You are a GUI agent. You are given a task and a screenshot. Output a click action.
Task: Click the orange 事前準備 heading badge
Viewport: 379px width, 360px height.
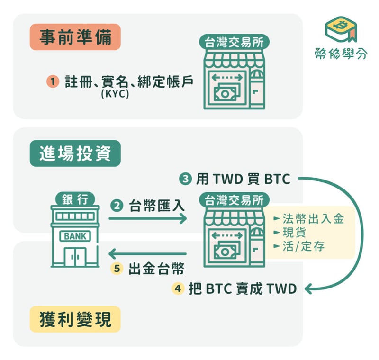75,37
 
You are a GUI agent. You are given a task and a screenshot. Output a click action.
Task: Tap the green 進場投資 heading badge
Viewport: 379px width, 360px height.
75,153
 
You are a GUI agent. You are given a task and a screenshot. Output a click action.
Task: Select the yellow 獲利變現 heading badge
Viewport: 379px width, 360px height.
75,319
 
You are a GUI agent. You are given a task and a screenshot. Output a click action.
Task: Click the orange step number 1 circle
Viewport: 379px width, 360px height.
53,81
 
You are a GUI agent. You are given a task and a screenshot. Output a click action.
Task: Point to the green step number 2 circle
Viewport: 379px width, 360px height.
117,206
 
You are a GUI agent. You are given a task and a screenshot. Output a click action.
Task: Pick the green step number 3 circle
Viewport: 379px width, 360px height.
185,179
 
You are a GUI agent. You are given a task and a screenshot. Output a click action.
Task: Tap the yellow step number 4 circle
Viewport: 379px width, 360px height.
178,288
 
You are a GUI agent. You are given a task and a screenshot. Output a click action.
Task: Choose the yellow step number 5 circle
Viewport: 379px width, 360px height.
117,269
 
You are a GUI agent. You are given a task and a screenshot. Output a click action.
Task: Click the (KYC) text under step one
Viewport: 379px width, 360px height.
115,94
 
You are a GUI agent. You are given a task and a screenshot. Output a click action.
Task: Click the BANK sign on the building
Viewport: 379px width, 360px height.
75,236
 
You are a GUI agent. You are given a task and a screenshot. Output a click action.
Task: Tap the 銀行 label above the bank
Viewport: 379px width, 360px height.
75,199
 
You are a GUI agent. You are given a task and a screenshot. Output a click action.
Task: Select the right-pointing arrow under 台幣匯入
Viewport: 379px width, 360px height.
148,219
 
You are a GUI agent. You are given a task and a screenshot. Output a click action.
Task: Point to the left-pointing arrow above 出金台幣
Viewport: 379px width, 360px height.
148,254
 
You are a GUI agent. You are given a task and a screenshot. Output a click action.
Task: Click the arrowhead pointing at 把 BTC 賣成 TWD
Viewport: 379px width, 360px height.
309,289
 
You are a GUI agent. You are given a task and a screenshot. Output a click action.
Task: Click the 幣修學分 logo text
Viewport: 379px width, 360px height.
341,54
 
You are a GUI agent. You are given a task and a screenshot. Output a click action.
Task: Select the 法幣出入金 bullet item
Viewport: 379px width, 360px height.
309,219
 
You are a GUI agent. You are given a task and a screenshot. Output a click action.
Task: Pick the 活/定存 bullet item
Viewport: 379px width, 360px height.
299,246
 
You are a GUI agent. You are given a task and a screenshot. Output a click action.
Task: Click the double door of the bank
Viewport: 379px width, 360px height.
75,257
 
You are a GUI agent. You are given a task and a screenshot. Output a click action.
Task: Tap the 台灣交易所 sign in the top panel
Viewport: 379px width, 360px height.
234,42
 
